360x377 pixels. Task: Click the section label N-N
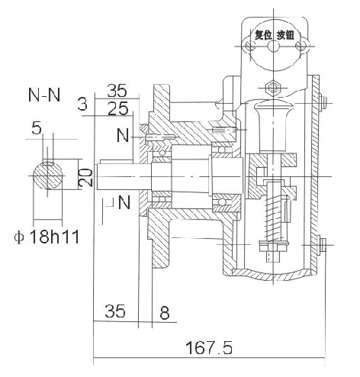(x=46, y=97)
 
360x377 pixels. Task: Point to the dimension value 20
(x=86, y=179)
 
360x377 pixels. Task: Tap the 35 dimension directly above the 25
(x=117, y=89)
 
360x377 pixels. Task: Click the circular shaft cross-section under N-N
(x=48, y=176)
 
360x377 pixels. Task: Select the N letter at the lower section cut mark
(x=124, y=203)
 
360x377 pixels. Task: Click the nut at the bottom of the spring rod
(x=271, y=247)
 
